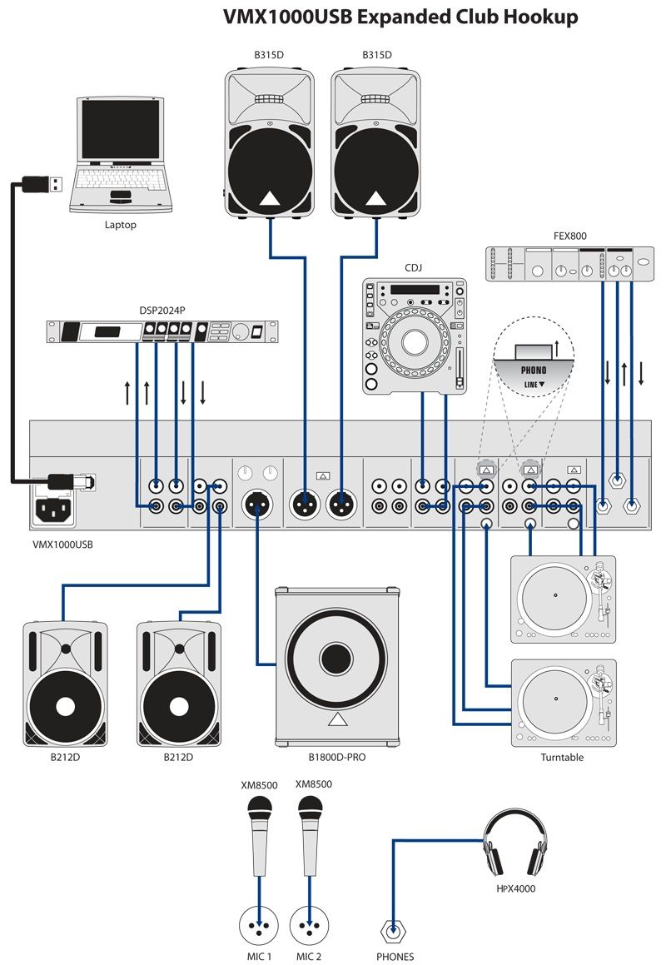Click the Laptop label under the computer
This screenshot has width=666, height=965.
point(121,225)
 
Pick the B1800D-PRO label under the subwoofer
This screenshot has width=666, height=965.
point(337,758)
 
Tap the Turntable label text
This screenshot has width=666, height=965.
point(562,758)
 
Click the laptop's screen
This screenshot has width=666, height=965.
point(120,131)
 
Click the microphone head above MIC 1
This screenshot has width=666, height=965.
point(260,807)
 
